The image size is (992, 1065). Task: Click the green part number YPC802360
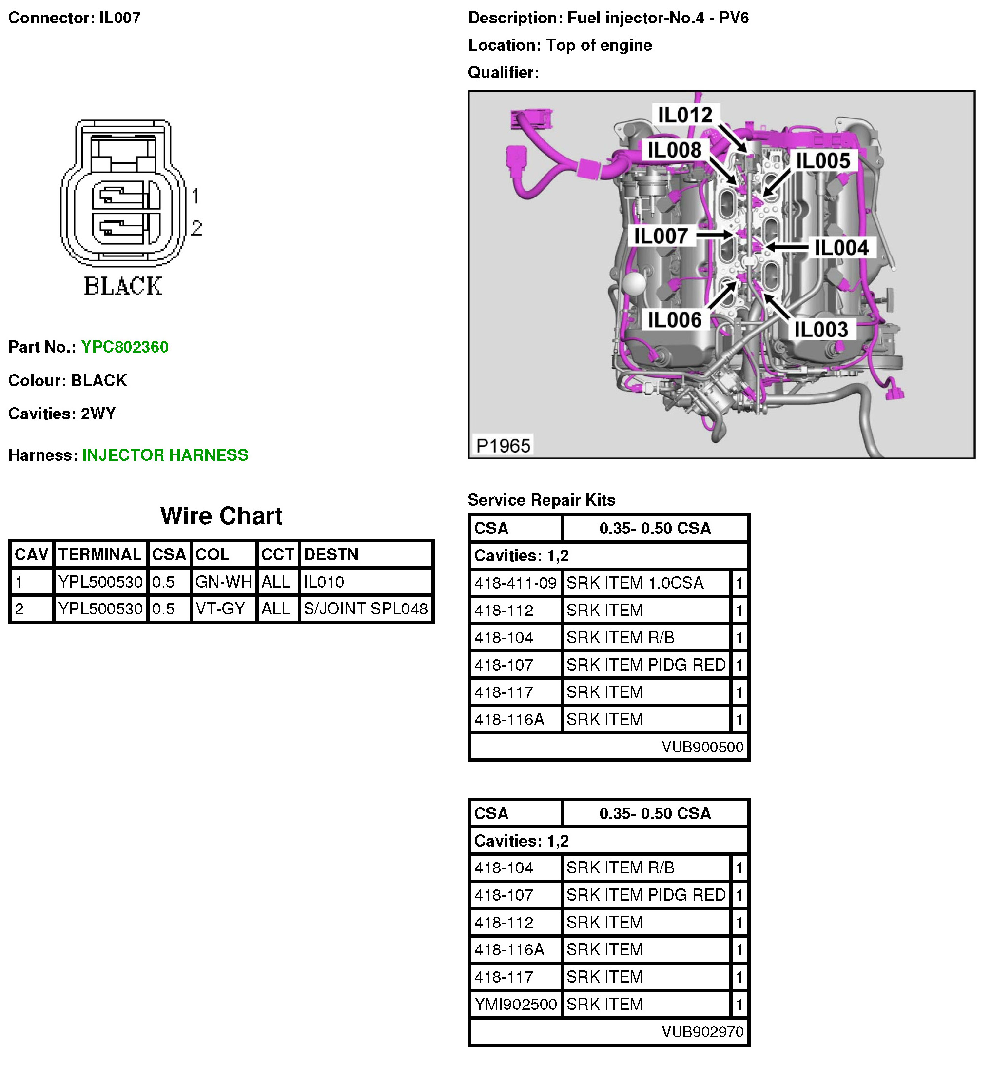point(124,347)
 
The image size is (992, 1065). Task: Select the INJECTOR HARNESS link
point(165,455)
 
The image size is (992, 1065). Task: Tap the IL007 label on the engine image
point(661,236)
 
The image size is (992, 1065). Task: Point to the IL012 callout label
point(684,115)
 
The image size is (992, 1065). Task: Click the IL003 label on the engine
point(820,329)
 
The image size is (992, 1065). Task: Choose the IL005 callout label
point(823,161)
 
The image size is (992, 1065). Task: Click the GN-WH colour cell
point(223,582)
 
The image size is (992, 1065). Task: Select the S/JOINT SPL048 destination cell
point(365,609)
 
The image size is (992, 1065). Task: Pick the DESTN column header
point(331,554)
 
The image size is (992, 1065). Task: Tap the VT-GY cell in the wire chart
point(220,609)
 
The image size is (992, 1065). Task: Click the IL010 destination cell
point(324,582)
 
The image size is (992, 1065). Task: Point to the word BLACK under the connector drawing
point(123,286)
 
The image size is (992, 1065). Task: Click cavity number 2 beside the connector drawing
point(196,228)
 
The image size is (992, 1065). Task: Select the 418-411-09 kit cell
point(515,583)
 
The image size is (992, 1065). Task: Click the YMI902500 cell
point(515,1004)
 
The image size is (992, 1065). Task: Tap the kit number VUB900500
point(702,747)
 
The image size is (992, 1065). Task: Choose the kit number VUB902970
point(702,1031)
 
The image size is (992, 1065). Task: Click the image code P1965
point(503,445)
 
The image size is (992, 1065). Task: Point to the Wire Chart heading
point(221,516)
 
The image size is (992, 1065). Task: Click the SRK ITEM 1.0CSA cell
point(635,583)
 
